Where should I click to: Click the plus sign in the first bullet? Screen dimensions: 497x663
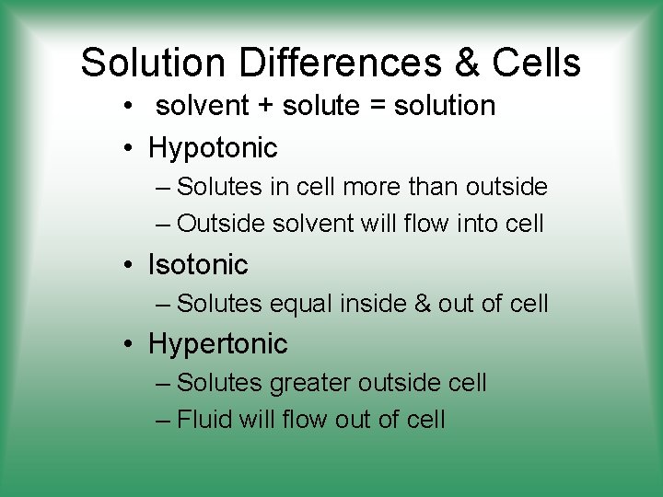click(265, 107)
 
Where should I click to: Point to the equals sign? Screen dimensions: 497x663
click(378, 107)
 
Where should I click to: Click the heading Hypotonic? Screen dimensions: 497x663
click(213, 147)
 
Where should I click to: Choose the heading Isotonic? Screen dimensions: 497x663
click(198, 265)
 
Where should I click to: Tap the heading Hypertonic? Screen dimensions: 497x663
click(218, 344)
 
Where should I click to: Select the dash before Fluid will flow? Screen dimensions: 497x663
click(163, 421)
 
